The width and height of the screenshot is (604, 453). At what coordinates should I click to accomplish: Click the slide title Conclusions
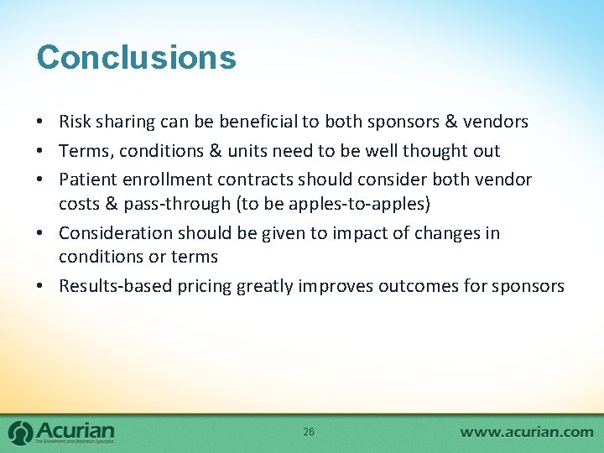pyautogui.click(x=136, y=58)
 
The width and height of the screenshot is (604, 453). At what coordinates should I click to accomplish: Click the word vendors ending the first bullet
pyautogui.click(x=495, y=122)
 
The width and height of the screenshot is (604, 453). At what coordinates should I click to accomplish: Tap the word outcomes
pyautogui.click(x=414, y=286)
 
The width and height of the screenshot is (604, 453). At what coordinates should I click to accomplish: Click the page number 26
pyautogui.click(x=308, y=431)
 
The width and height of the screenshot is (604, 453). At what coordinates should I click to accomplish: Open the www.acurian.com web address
pyautogui.click(x=526, y=432)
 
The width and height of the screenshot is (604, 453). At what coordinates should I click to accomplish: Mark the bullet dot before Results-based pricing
pyautogui.click(x=41, y=286)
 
